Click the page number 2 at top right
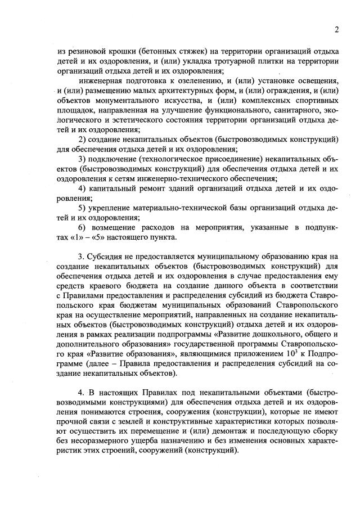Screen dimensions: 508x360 (x=336, y=30)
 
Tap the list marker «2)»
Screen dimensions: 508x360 (x=83, y=139)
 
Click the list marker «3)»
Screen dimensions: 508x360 (x=83, y=159)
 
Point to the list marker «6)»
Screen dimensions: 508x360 (x=83, y=227)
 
